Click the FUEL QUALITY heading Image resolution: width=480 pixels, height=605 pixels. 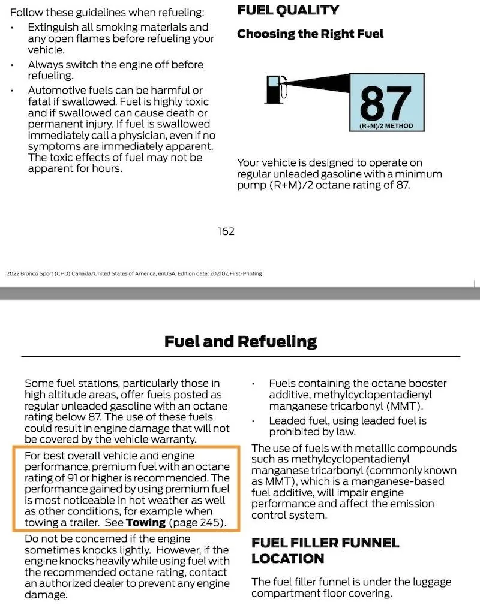[288, 10]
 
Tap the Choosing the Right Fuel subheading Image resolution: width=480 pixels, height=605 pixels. [310, 34]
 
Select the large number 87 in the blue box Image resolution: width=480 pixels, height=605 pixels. [386, 103]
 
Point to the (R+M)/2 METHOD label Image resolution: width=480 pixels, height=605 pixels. [386, 127]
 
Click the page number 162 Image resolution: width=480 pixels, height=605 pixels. [226, 231]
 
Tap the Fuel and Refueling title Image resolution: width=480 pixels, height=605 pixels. [240, 341]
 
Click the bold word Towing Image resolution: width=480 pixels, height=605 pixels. [145, 522]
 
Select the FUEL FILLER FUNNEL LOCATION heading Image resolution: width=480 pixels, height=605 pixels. [325, 550]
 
